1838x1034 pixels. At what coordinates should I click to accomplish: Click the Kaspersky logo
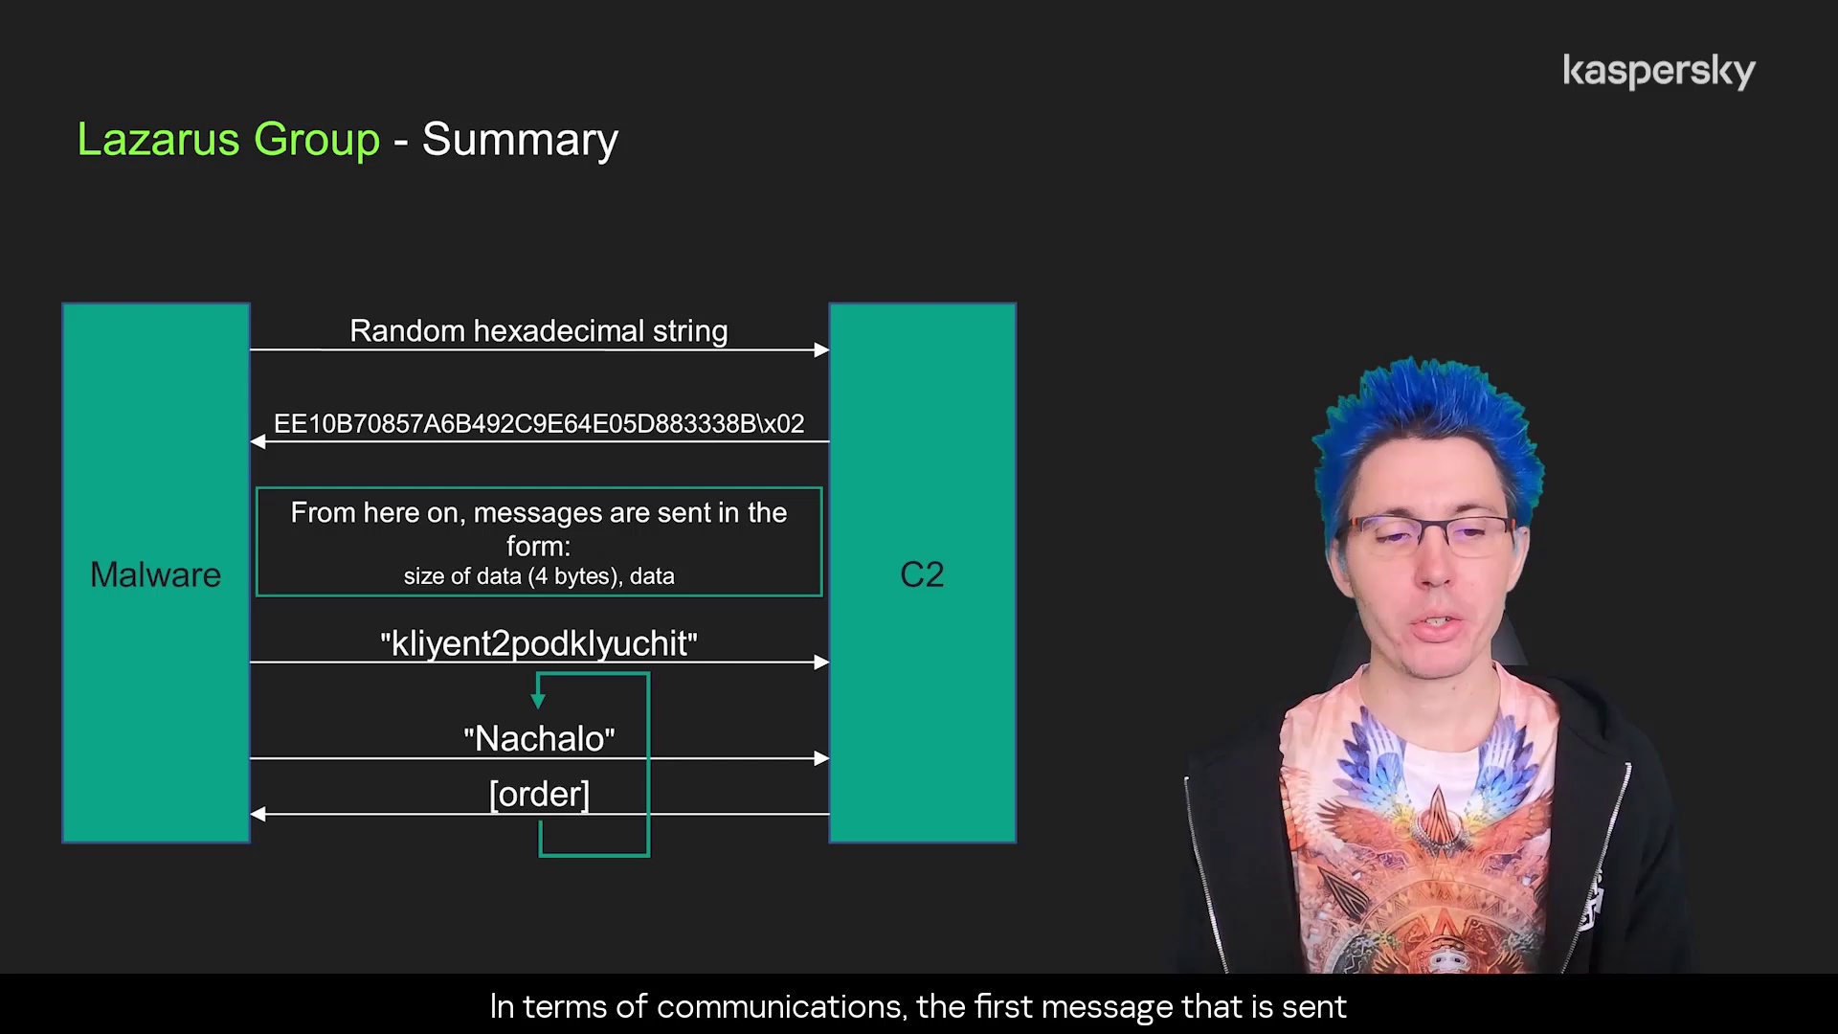1659,72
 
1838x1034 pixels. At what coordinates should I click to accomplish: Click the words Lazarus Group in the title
229,140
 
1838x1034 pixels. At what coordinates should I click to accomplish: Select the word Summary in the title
520,140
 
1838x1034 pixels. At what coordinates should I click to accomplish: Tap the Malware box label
155,574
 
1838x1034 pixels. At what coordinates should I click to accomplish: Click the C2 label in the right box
922,574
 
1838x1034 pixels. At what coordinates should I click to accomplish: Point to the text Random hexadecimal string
539,330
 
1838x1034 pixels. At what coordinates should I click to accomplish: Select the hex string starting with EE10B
539,423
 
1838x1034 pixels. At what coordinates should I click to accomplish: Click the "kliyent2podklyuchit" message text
539,643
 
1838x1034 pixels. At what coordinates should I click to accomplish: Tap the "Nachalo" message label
539,738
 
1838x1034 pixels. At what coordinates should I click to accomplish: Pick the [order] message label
539,794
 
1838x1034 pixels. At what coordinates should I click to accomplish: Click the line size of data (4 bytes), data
539,576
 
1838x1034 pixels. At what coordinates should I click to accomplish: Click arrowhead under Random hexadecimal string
821,350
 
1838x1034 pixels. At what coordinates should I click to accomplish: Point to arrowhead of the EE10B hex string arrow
258,441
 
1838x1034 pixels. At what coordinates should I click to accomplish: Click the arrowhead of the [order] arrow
258,814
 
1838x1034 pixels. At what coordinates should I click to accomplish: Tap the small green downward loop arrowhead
538,701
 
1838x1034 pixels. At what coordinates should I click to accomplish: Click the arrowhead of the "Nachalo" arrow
821,758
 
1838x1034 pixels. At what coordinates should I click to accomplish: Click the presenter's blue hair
1426,431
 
